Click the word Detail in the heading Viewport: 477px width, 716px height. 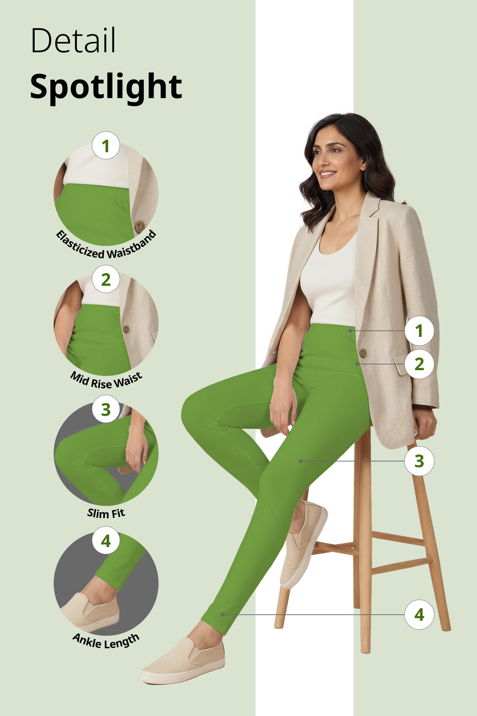73,40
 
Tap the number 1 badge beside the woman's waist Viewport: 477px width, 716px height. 419,331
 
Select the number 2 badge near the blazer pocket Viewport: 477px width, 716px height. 419,364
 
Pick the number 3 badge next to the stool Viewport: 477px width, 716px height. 419,461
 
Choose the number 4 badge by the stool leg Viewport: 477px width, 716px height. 419,615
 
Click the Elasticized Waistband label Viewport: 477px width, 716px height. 106,247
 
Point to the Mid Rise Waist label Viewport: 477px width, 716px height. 106,381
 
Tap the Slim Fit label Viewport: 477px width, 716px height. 106,513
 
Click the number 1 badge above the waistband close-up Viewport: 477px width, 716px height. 106,146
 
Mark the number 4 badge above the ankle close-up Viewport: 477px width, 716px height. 106,541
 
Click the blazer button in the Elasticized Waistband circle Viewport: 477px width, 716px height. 140,226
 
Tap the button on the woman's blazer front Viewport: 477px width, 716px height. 363,353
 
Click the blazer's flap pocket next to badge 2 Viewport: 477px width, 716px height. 401,363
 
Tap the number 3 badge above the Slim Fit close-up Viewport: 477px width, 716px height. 106,410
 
